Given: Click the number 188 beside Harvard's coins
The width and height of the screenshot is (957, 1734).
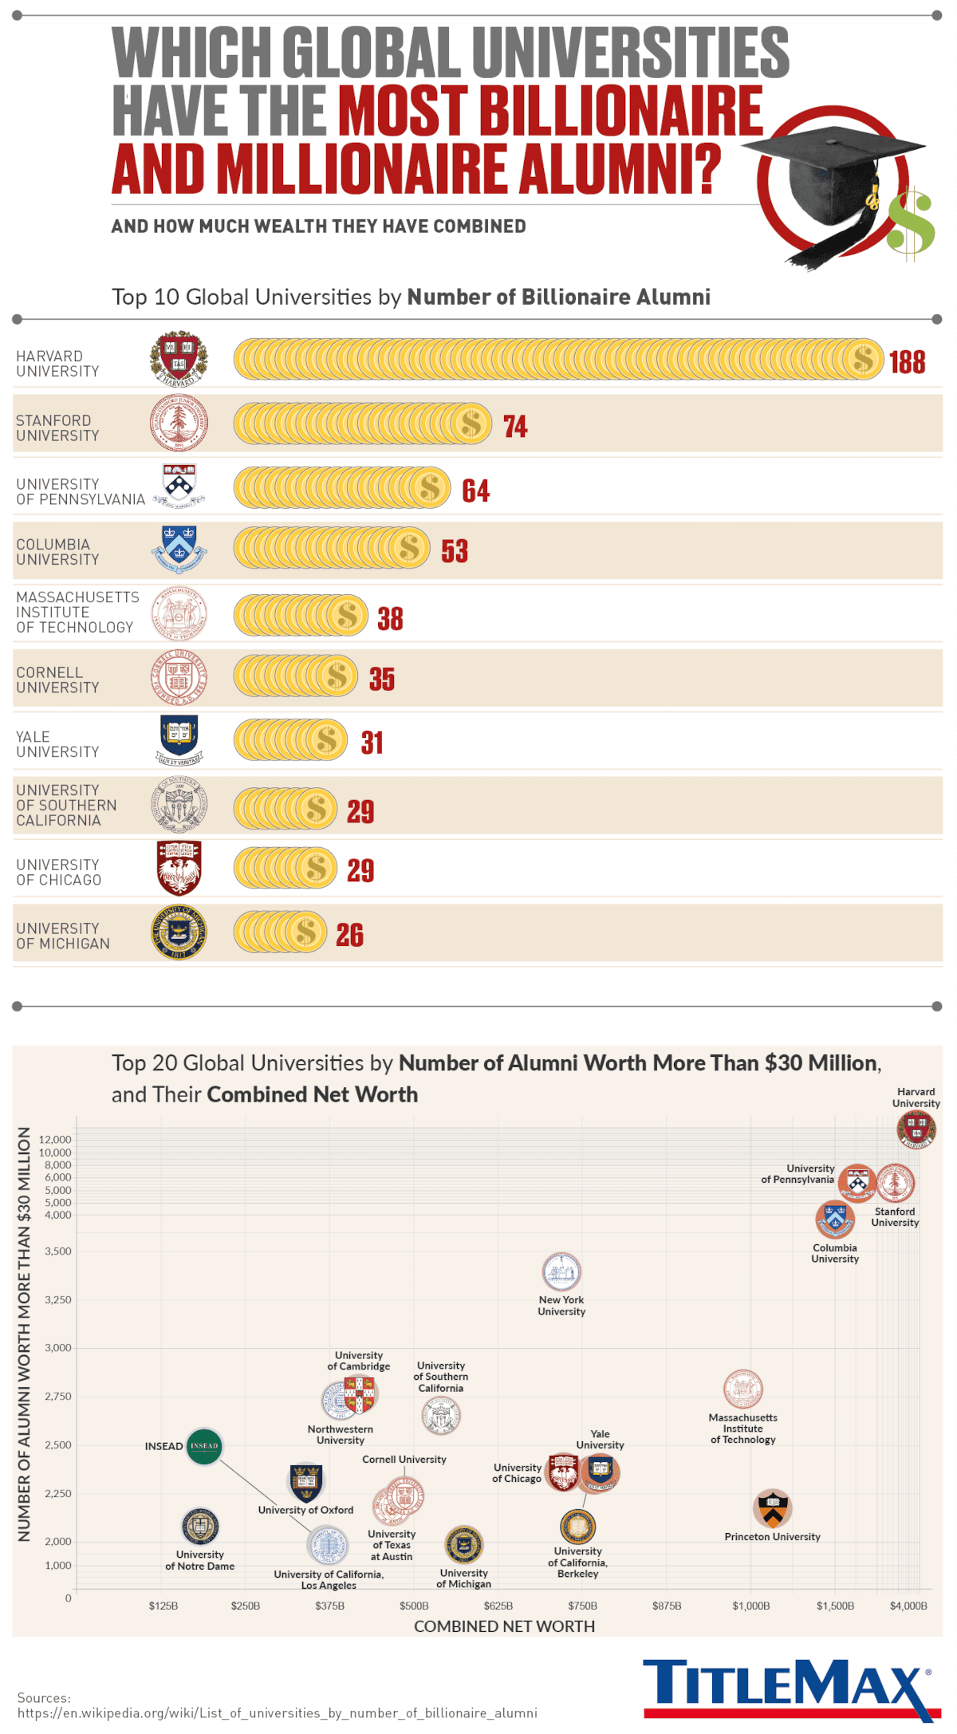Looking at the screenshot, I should [x=907, y=362].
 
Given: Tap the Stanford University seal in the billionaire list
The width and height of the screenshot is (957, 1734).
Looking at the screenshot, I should [x=179, y=423].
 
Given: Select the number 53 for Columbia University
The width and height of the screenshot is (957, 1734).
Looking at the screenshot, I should [x=455, y=551].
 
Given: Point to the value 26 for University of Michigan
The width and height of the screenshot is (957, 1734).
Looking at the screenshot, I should [x=349, y=935].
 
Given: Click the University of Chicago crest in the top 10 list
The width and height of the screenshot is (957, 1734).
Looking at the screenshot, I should [x=179, y=868].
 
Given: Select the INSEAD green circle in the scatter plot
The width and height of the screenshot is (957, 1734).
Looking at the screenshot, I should [x=203, y=1445].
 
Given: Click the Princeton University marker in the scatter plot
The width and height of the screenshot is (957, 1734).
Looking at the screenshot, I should [x=772, y=1507].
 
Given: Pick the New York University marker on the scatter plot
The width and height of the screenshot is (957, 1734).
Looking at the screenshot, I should [x=561, y=1271].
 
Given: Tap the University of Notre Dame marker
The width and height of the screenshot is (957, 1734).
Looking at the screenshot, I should [x=199, y=1527].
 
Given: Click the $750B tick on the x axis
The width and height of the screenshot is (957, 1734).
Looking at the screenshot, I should [x=582, y=1606].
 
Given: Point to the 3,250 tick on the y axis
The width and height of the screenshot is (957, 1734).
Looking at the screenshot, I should [x=57, y=1299].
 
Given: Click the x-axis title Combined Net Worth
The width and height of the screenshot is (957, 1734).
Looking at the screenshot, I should [x=504, y=1626].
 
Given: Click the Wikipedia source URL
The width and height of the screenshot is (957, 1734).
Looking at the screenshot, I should [x=277, y=1713].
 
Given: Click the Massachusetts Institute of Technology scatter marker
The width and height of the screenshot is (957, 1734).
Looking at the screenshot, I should [x=742, y=1389].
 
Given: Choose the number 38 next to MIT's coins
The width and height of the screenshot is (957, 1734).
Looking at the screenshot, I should [x=390, y=619].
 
